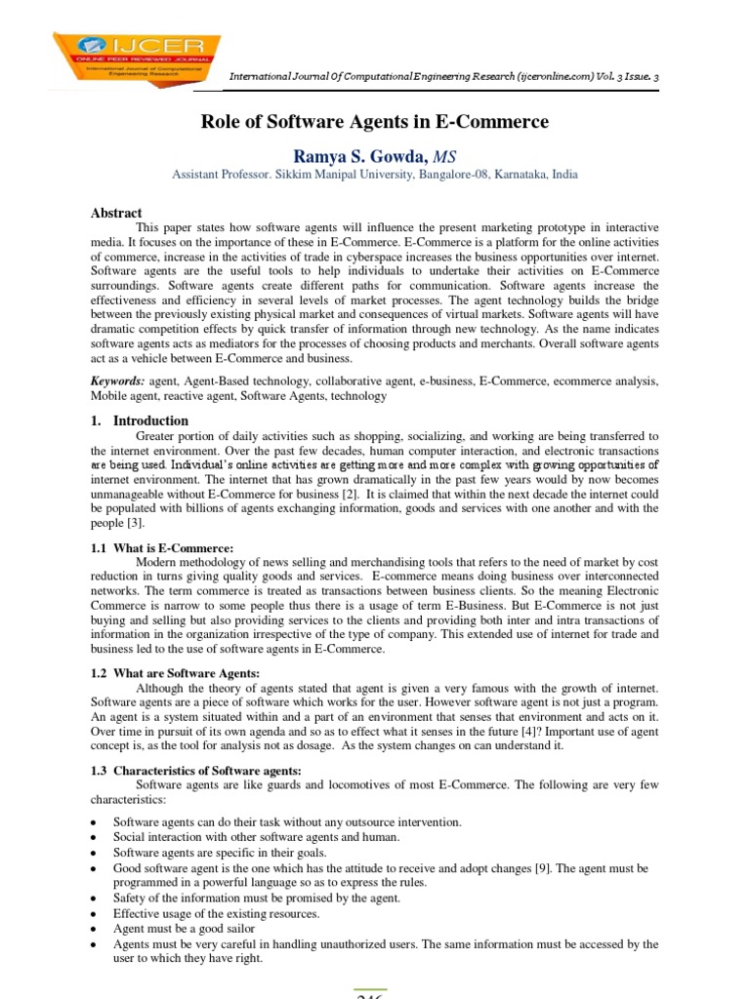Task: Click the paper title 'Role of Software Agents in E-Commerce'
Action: [x=375, y=122]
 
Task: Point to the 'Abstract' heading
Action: [x=116, y=213]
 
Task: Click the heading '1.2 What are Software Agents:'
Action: [x=175, y=674]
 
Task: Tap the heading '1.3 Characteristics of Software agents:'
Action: [x=195, y=770]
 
